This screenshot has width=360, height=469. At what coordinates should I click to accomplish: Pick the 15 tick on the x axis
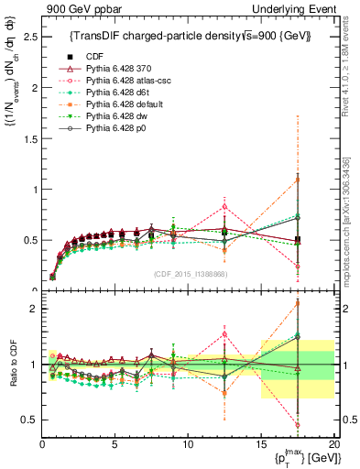tap(260, 444)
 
